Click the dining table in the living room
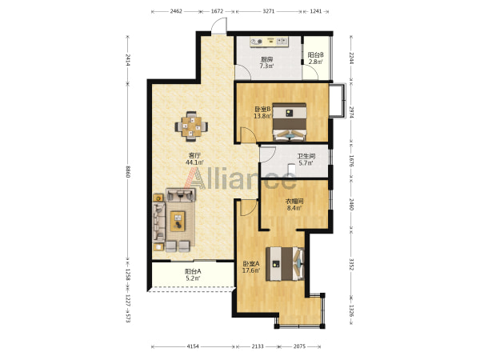pos(191,126)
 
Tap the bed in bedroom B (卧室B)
pos(290,122)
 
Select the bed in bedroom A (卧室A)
pos(285,263)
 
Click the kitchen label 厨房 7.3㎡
pos(266,62)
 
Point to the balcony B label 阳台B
pos(316,55)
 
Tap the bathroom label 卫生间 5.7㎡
pos(306,159)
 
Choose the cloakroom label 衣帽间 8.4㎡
pos(294,205)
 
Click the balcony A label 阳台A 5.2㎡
pos(193,274)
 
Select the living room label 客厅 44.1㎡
pos(194,159)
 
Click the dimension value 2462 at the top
pos(176,11)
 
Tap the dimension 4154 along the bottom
pos(193,346)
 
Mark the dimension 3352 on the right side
pos(351,264)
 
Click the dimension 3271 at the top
pos(269,11)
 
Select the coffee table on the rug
pos(178,222)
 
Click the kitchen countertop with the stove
pos(269,42)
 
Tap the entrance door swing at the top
pos(219,25)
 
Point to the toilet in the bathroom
pos(291,169)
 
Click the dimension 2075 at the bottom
pos(299,346)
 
